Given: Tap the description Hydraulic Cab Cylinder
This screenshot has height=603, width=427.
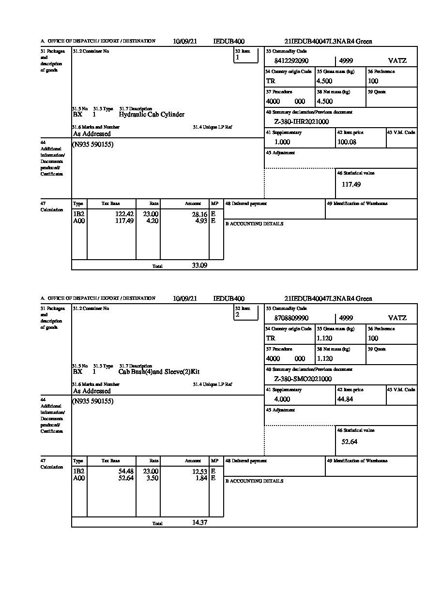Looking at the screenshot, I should click(152, 115).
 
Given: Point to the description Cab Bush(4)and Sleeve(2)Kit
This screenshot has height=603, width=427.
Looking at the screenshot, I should click(159, 372).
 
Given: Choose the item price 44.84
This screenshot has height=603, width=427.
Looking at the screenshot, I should click(346, 399).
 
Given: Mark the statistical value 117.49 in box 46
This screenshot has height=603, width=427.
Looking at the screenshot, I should click(351, 184).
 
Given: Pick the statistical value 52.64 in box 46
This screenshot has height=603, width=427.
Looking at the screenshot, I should click(350, 441).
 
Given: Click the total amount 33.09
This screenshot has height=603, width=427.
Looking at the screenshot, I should click(199, 265).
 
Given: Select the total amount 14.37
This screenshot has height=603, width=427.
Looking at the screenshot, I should click(199, 522).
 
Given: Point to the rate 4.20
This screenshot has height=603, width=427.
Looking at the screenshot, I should click(152, 221).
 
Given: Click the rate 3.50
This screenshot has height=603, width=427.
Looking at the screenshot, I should click(152, 478).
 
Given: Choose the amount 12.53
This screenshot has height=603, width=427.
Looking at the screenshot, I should click(199, 471).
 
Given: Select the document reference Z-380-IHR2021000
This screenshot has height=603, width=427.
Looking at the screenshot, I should click(301, 122).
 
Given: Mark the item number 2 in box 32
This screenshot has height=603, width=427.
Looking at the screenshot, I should click(237, 315).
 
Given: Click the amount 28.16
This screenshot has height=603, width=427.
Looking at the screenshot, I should click(199, 214).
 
